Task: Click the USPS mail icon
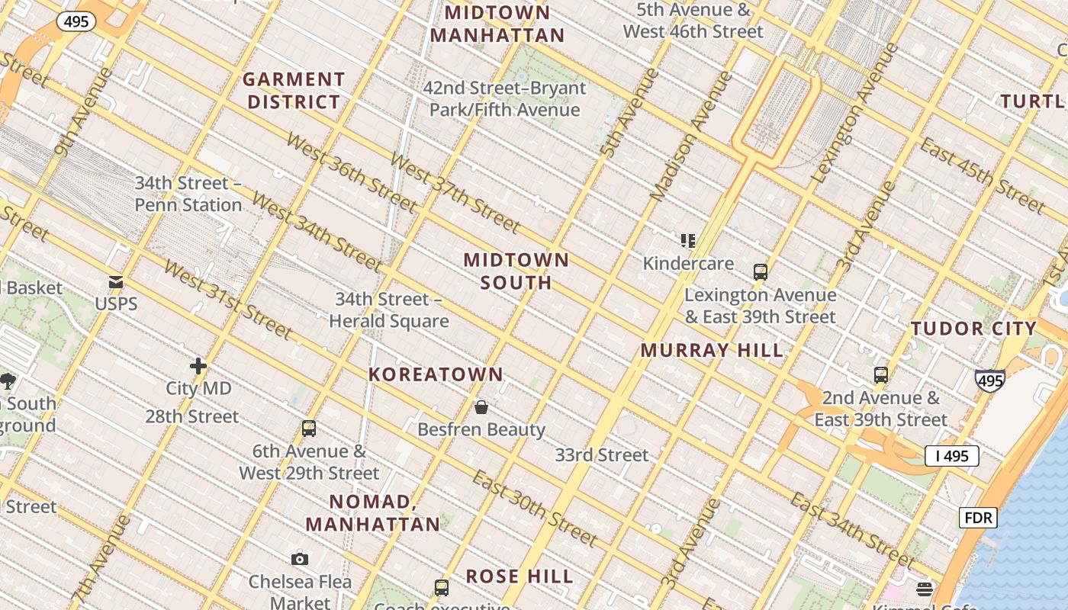(x=116, y=282)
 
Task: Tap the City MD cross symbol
(x=198, y=366)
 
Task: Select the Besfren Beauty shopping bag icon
(x=481, y=407)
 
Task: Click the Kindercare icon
(x=688, y=241)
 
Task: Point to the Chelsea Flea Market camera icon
(x=300, y=559)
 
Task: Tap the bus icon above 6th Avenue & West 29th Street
(x=309, y=429)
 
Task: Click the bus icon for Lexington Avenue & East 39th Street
(x=760, y=271)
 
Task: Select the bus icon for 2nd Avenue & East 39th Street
(x=881, y=375)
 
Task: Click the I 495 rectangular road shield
(x=951, y=456)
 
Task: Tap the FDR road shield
(x=978, y=518)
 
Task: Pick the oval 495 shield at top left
(x=76, y=21)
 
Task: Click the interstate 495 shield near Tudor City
(x=989, y=380)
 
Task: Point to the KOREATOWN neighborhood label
(x=436, y=374)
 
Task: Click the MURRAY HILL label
(x=711, y=351)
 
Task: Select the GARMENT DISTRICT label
(x=294, y=90)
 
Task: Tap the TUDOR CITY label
(x=973, y=329)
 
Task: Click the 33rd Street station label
(x=602, y=455)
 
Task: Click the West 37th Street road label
(x=455, y=192)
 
